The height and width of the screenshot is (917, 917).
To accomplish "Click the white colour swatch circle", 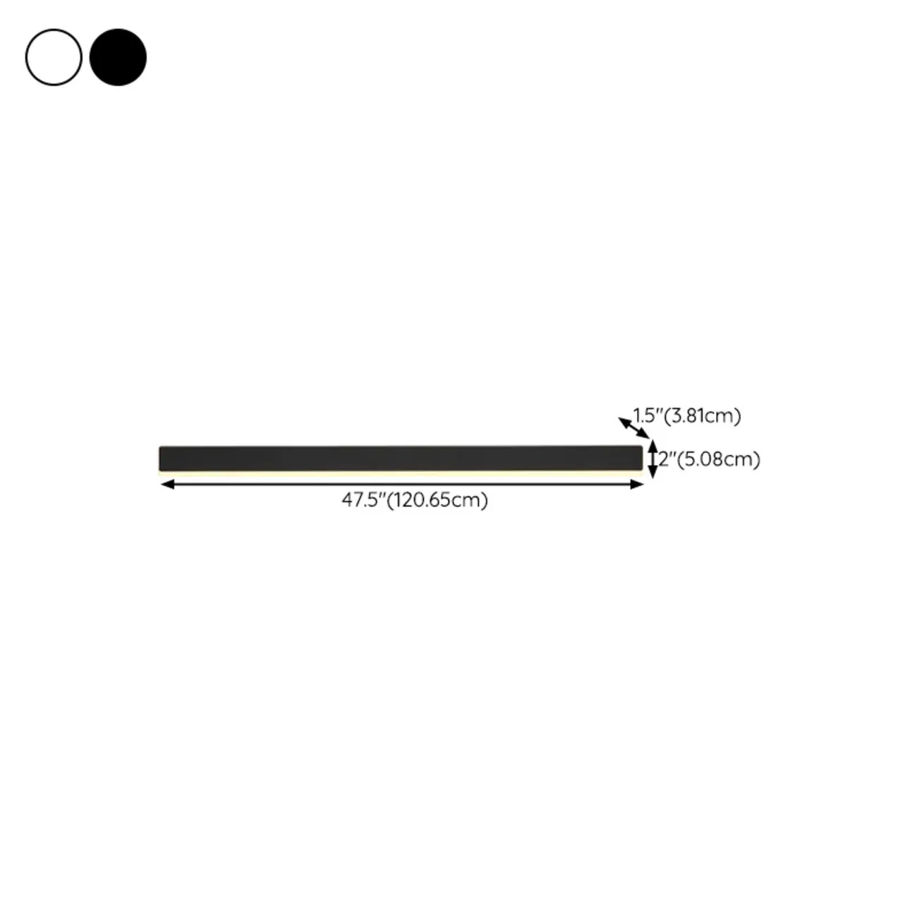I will coord(54,57).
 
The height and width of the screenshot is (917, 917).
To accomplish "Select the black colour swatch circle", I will coord(118,57).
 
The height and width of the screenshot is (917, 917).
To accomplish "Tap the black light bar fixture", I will coord(401,458).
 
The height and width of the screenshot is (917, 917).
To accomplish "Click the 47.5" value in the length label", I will coord(364,500).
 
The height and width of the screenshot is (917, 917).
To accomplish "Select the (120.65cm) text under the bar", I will coord(437,500).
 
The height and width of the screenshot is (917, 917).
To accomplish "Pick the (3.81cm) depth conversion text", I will coord(703,415).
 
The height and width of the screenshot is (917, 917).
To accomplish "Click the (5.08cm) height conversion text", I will coord(718,459).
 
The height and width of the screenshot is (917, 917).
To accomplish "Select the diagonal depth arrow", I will coord(633,427).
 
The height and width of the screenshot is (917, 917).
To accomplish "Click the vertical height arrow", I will coord(652,459).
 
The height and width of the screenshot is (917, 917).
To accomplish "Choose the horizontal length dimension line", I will coord(401,484).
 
